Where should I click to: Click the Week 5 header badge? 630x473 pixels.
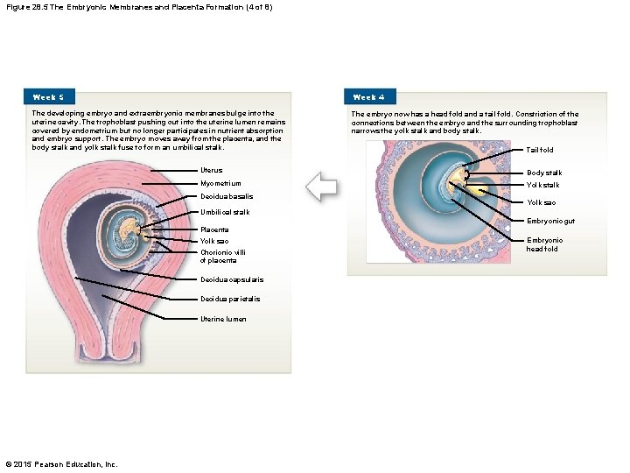[x=49, y=96]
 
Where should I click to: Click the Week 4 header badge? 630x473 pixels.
[x=369, y=96]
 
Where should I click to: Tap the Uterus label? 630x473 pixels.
[x=212, y=170]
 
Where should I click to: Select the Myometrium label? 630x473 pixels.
[x=220, y=184]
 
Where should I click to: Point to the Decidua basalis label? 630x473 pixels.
[x=227, y=196]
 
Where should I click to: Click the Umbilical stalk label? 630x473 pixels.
[x=225, y=212]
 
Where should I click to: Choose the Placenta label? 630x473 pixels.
[x=214, y=229]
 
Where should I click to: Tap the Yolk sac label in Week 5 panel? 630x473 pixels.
[x=214, y=241]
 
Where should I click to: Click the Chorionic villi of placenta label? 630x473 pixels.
[x=223, y=257]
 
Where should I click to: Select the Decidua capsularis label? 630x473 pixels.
[x=231, y=279]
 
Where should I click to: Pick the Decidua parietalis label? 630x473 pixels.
[x=229, y=299]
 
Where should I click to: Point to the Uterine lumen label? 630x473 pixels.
[x=223, y=319]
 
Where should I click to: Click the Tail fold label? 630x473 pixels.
[x=540, y=150]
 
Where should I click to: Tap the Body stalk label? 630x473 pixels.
[x=544, y=173]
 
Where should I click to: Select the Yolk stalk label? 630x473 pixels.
[x=543, y=185]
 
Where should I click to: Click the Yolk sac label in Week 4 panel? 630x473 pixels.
[x=541, y=202]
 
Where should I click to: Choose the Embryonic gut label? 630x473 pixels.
[x=550, y=220]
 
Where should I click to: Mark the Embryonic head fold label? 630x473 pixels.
[x=544, y=244]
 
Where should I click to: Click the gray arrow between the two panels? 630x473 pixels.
[x=322, y=187]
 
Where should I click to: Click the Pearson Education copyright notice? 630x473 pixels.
[x=61, y=463]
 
